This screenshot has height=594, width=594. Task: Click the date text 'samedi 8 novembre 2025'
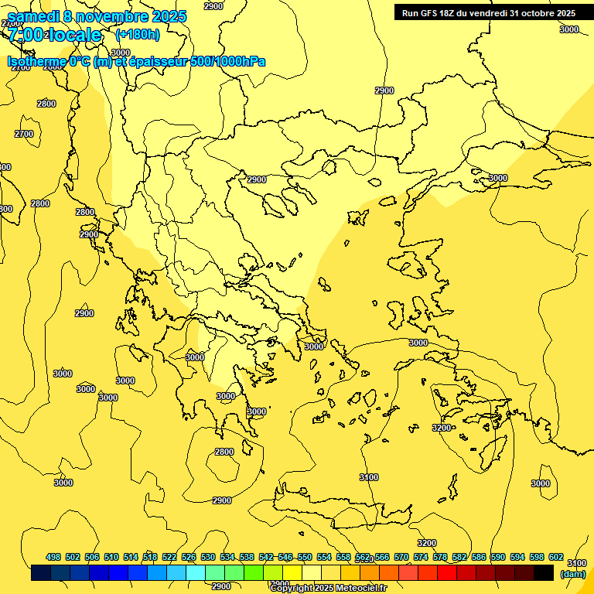[97, 16]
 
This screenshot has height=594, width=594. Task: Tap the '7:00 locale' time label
[55, 35]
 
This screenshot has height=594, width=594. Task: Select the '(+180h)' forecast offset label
[138, 34]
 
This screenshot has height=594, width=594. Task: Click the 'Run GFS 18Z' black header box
[489, 12]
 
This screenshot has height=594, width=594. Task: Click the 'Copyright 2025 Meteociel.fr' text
[328, 588]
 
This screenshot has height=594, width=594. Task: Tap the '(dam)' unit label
[573, 574]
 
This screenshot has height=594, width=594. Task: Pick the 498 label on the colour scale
[53, 557]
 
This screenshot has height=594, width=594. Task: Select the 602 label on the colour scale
[556, 557]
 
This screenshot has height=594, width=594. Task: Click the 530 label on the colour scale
[208, 557]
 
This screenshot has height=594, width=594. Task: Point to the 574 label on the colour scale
[421, 557]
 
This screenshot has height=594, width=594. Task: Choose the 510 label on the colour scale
[111, 557]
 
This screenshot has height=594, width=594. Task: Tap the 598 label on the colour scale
[537, 557]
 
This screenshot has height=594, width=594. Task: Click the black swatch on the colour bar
[544, 573]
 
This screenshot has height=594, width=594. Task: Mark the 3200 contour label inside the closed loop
[442, 428]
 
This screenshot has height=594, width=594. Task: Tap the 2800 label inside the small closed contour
[224, 452]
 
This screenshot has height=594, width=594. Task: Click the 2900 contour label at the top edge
[214, 6]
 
